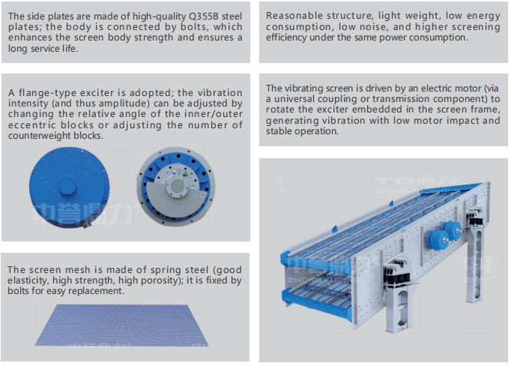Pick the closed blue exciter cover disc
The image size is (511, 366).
(x=70, y=187)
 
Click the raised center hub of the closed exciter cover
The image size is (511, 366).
(x=67, y=186)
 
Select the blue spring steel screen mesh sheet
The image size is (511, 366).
(x=121, y=325)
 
